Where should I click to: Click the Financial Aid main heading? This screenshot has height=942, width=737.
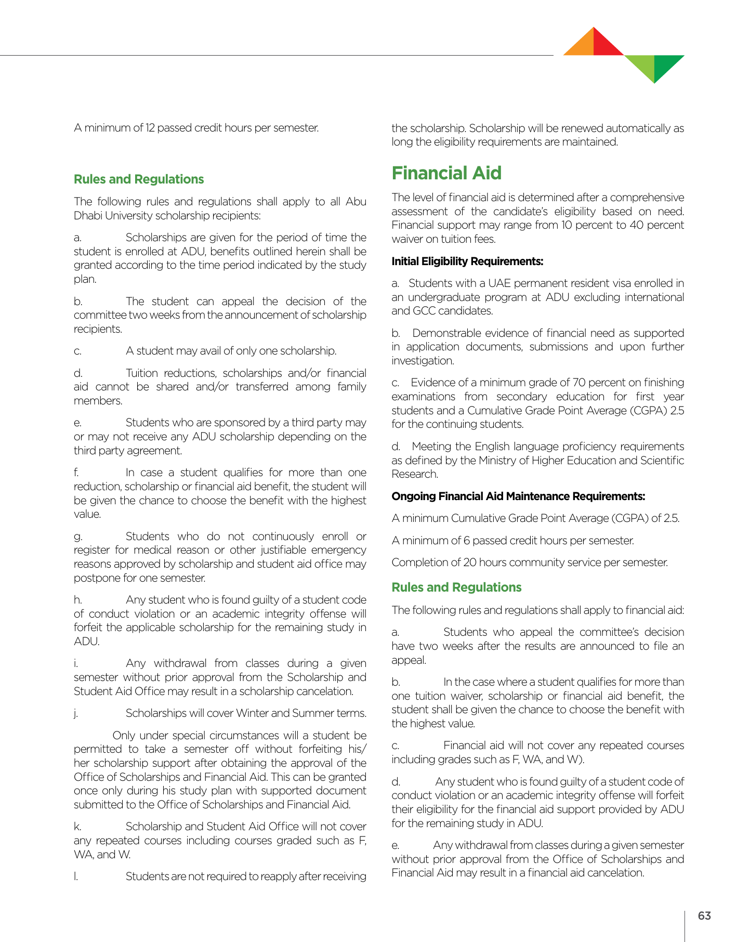pyautogui.click(x=446, y=173)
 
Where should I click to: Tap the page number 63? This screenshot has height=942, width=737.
pyautogui.click(x=704, y=915)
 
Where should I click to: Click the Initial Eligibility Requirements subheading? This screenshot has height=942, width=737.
pyautogui.click(x=467, y=261)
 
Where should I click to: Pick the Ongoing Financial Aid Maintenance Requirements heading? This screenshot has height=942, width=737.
pyautogui.click(x=518, y=496)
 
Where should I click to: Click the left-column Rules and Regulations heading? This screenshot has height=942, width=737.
pyautogui.click(x=139, y=179)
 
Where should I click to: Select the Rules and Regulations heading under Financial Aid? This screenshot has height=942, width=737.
pyautogui.click(x=456, y=587)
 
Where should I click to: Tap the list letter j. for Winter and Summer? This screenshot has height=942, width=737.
pyautogui.click(x=76, y=713)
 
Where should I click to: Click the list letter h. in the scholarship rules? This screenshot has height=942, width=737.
pyautogui.click(x=77, y=600)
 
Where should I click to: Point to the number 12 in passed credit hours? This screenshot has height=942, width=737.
pyautogui.click(x=150, y=128)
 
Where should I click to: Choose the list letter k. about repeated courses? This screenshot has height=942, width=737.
pyautogui.click(x=77, y=827)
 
